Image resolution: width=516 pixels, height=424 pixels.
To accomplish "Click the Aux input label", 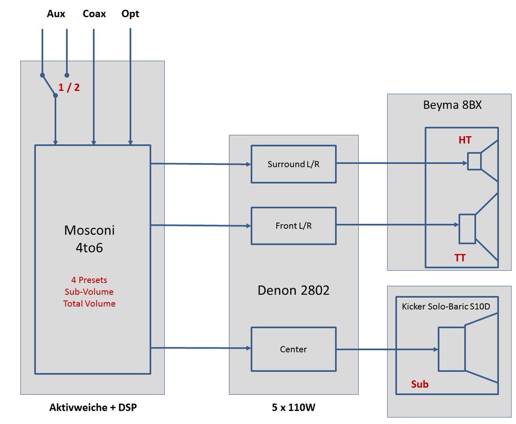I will (x=56, y=14).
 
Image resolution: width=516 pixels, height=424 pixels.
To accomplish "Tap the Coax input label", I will (x=94, y=14).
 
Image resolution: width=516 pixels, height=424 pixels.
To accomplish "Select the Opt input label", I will (x=130, y=14).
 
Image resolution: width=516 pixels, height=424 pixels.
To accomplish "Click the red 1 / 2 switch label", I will (x=69, y=87).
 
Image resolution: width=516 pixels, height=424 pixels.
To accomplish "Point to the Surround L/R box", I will (x=293, y=164).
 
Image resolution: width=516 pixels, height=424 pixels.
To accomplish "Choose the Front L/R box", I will (x=293, y=226).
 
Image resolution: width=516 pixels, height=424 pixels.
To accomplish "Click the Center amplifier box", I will (x=293, y=349).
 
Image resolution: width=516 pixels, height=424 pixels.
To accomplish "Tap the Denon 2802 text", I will (x=293, y=290).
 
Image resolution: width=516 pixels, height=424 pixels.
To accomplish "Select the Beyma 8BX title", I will (x=452, y=105).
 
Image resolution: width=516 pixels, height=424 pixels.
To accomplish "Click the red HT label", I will (x=465, y=140).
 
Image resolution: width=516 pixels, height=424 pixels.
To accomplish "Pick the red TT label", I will (x=460, y=257).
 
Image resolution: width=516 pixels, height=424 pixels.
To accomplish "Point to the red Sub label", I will (x=420, y=384).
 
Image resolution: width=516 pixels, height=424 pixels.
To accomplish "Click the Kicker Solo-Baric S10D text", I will (x=446, y=307).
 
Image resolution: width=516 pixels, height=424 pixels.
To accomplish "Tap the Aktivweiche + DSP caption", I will (x=93, y=407).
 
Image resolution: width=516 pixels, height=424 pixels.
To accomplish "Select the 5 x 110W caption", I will (x=293, y=407).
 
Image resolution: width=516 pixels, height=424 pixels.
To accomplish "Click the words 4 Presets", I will (x=89, y=280).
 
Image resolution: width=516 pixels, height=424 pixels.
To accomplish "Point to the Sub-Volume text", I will (x=89, y=291).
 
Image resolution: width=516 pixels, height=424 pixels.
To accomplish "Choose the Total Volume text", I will (x=89, y=303).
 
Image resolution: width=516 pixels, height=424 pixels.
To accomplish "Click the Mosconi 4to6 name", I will (x=89, y=238).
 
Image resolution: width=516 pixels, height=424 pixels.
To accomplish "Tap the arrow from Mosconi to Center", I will (x=201, y=348).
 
